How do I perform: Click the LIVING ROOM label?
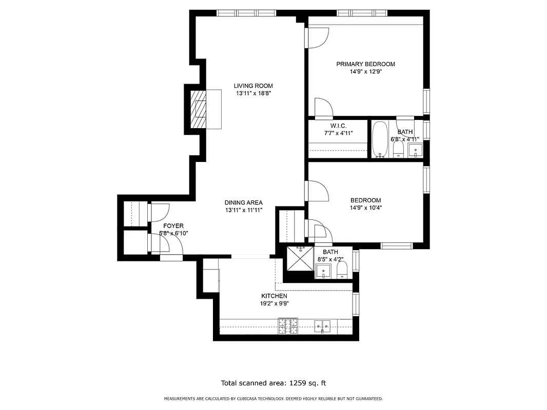click(253, 86)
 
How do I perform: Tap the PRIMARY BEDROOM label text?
click(365, 64)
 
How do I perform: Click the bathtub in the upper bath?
click(380, 139)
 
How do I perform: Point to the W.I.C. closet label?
click(339, 126)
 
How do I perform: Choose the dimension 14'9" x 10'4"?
click(365, 208)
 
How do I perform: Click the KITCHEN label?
click(274, 296)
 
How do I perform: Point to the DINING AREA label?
click(244, 202)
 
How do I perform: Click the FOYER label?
click(173, 225)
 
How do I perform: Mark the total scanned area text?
click(273, 383)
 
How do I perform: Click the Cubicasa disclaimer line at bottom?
click(273, 399)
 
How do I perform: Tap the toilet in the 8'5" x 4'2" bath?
click(342, 270)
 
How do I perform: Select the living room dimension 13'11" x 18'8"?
click(253, 94)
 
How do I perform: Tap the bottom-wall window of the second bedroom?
click(397, 245)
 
